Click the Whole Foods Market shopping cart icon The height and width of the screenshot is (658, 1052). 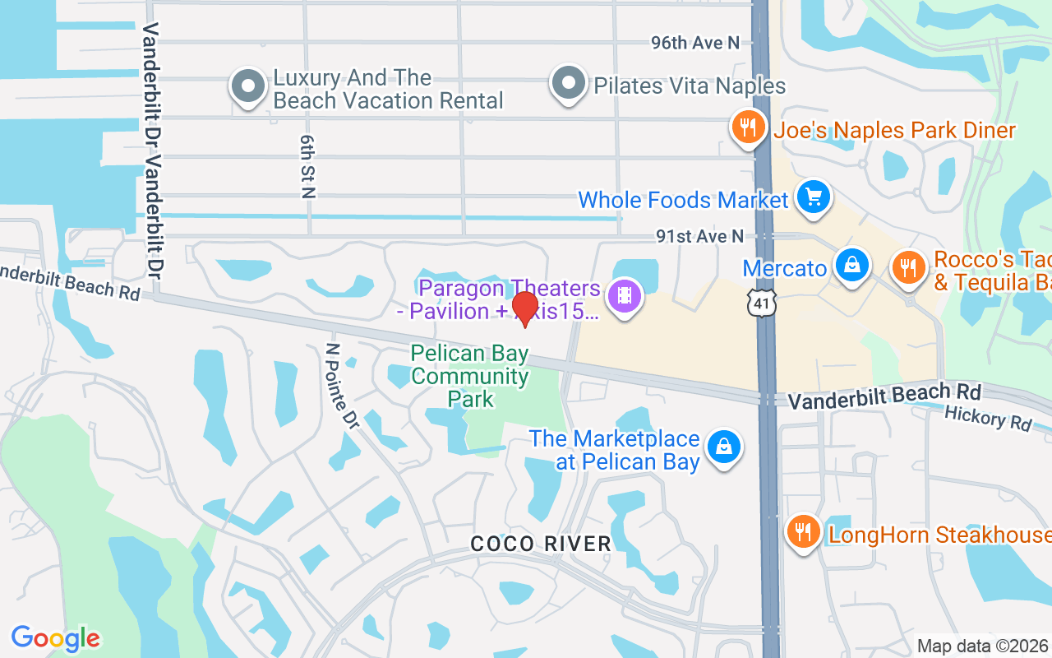point(814,197)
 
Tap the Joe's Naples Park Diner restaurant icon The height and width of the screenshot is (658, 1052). point(747,128)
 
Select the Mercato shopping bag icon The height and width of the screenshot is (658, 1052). point(852,265)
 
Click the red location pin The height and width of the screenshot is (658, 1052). point(524,309)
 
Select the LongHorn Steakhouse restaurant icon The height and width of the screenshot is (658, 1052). point(803,531)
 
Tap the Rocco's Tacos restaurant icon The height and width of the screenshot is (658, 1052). point(908,267)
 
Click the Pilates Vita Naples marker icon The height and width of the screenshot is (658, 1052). point(568,83)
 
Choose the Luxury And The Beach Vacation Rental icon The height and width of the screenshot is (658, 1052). point(247,86)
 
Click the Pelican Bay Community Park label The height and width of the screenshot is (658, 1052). point(470,377)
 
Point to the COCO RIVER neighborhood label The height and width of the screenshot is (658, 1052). point(541,544)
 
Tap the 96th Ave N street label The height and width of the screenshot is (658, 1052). point(695,43)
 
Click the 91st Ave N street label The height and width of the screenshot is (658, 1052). point(699,237)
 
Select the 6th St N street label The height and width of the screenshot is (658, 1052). point(307,167)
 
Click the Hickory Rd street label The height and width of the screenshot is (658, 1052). point(988,418)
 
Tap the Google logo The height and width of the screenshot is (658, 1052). point(56,638)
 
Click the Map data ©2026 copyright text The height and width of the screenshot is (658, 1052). point(982,646)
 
